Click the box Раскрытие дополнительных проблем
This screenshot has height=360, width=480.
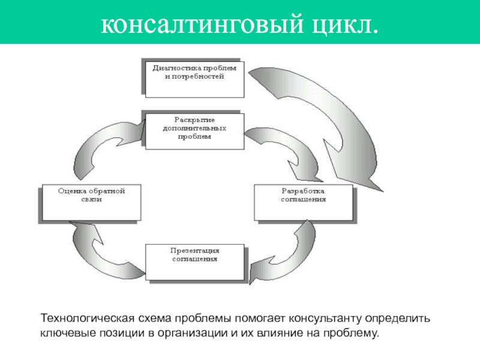coord(194,129)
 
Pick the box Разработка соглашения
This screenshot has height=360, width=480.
coord(304,202)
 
